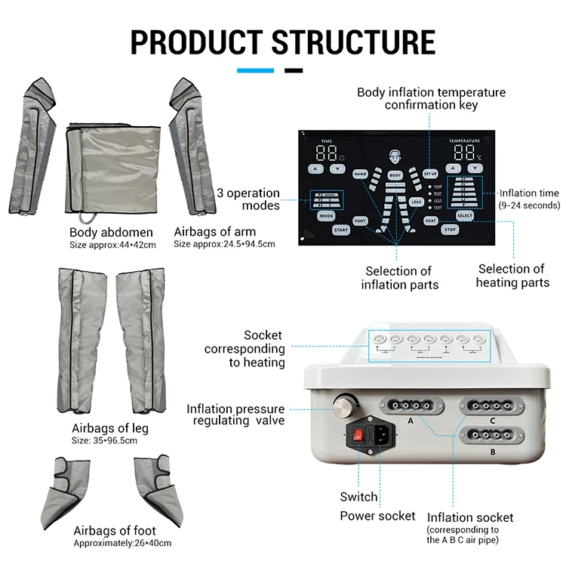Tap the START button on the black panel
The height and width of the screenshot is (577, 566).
[341, 230]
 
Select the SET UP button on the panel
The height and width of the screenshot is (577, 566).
[430, 174]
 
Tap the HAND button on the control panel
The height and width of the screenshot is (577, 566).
[360, 174]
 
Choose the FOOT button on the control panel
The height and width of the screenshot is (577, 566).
[360, 221]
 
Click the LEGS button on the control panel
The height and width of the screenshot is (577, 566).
[417, 202]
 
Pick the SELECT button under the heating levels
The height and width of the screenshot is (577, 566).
[465, 216]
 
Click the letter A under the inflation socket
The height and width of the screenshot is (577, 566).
[411, 420]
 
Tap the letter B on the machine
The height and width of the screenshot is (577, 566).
[492, 452]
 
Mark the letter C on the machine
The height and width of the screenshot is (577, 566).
[492, 421]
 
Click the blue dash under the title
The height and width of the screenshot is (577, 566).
[256, 71]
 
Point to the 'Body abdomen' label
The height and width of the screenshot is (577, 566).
[111, 232]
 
